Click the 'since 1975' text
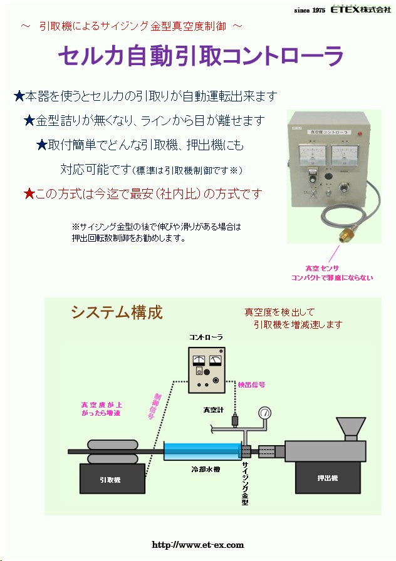pyautogui.click(x=310, y=11)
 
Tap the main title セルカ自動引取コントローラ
pyautogui.click(x=201, y=56)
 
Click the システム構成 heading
pyautogui.click(x=117, y=312)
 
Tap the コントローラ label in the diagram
pyautogui.click(x=206, y=338)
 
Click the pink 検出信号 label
pyautogui.click(x=252, y=384)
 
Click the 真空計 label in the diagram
pyautogui.click(x=212, y=409)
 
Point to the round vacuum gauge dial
pyautogui.click(x=266, y=413)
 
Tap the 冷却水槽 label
pyautogui.click(x=202, y=468)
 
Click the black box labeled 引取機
pyautogui.click(x=112, y=479)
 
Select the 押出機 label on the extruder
pyautogui.click(x=327, y=478)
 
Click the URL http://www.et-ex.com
pyautogui.click(x=198, y=545)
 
